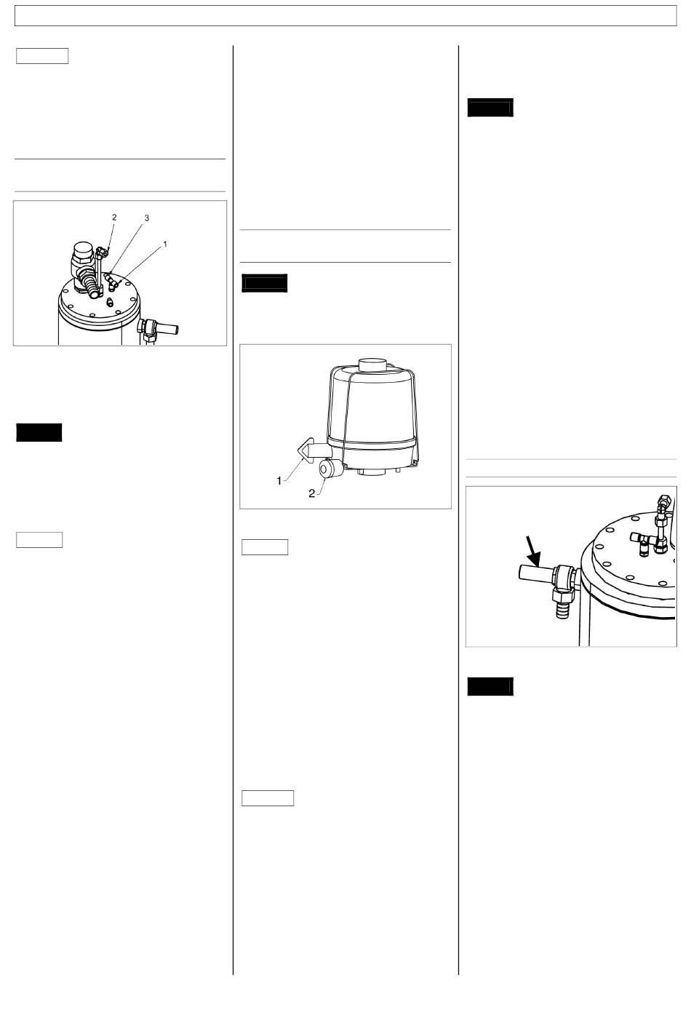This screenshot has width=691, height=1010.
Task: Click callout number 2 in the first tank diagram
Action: pos(114,218)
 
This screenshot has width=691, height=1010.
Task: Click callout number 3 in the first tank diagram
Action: pos(146,218)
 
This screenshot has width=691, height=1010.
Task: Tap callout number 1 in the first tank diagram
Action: pos(165,244)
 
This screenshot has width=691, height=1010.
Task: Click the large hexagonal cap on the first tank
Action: pos(83,251)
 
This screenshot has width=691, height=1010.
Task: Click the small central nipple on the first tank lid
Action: pos(110,303)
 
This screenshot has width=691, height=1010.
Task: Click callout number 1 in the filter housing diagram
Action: pos(279,481)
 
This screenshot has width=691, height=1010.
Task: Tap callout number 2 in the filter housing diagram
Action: pos(311,494)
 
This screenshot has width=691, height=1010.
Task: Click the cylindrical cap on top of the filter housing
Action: pos(373,365)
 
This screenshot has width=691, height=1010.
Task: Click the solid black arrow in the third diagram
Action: pos(532,551)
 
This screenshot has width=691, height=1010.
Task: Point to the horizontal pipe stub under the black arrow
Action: pos(535,573)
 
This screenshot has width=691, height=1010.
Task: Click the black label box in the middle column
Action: pos(264,283)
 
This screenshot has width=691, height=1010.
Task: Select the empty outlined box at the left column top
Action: pos(42,56)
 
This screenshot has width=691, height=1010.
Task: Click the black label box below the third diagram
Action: pos(490,686)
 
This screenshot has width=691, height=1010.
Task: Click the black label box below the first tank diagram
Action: pos(39,432)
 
